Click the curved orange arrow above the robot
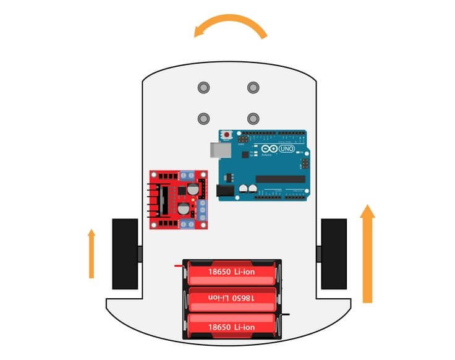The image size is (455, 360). (230, 23)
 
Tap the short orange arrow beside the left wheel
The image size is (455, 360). (91, 253)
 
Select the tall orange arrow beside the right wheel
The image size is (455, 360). (367, 254)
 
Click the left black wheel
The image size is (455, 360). (124, 254)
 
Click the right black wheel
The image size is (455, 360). (334, 254)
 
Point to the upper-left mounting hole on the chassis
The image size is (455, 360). (203, 87)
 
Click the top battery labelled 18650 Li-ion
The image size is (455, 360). (231, 273)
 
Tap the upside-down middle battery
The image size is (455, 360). (231, 299)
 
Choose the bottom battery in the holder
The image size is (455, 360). (231, 325)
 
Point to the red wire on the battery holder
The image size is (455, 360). (179, 265)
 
